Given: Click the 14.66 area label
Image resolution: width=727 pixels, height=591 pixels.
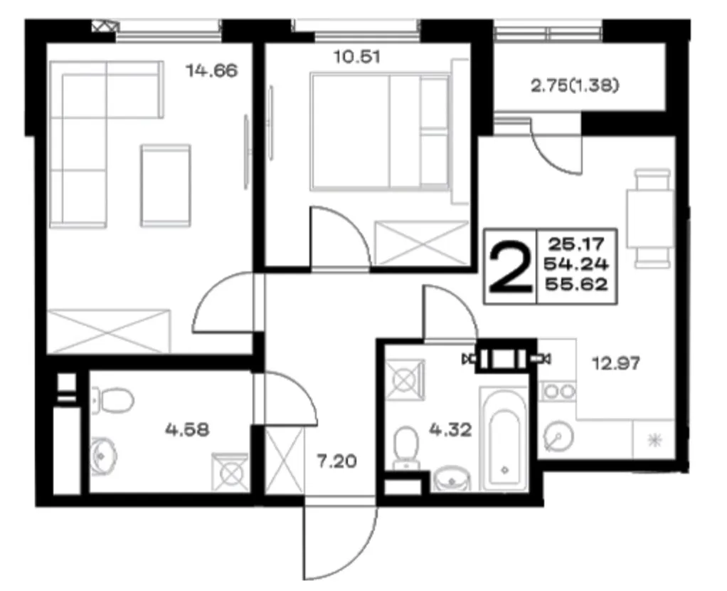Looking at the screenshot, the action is point(211,70).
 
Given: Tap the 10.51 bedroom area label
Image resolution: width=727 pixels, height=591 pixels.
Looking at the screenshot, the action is point(358,57).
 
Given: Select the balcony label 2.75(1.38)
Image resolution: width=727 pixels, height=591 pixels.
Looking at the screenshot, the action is point(575,85).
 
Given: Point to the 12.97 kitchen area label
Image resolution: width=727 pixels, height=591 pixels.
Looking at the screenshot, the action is point(617,362).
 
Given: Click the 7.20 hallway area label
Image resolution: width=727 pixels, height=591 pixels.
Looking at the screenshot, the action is point(337,461).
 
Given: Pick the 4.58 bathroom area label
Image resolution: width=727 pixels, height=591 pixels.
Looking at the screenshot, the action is point(187,429).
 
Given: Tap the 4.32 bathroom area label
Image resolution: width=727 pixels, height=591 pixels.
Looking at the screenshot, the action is point(451,429).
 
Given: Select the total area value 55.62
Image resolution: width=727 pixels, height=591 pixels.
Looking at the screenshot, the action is point(576,284).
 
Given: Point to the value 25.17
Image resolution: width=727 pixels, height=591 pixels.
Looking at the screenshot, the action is point(576,244).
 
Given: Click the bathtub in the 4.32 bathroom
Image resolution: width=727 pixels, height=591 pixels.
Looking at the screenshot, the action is point(504,439).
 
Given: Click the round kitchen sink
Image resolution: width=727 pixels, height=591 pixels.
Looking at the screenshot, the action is point(558,436).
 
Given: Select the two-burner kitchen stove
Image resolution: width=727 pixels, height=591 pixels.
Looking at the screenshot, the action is point(558,391).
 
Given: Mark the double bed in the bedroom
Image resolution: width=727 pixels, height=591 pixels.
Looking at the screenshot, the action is point(380,132).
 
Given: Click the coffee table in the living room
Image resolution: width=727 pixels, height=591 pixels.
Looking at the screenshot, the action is point(166,186).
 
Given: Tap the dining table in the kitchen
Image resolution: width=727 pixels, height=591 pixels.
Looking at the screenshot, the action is point(650,218).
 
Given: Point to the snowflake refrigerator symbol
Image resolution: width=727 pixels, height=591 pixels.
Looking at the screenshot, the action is point(654,439).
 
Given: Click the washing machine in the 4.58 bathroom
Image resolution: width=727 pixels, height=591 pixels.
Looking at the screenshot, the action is point(230,472).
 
